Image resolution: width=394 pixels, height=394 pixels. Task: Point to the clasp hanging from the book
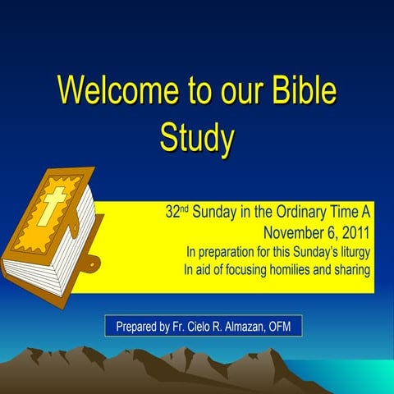[93, 263]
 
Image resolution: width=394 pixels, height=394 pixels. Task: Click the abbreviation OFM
[287, 327]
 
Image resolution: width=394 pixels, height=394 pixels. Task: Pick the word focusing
[250, 269]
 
